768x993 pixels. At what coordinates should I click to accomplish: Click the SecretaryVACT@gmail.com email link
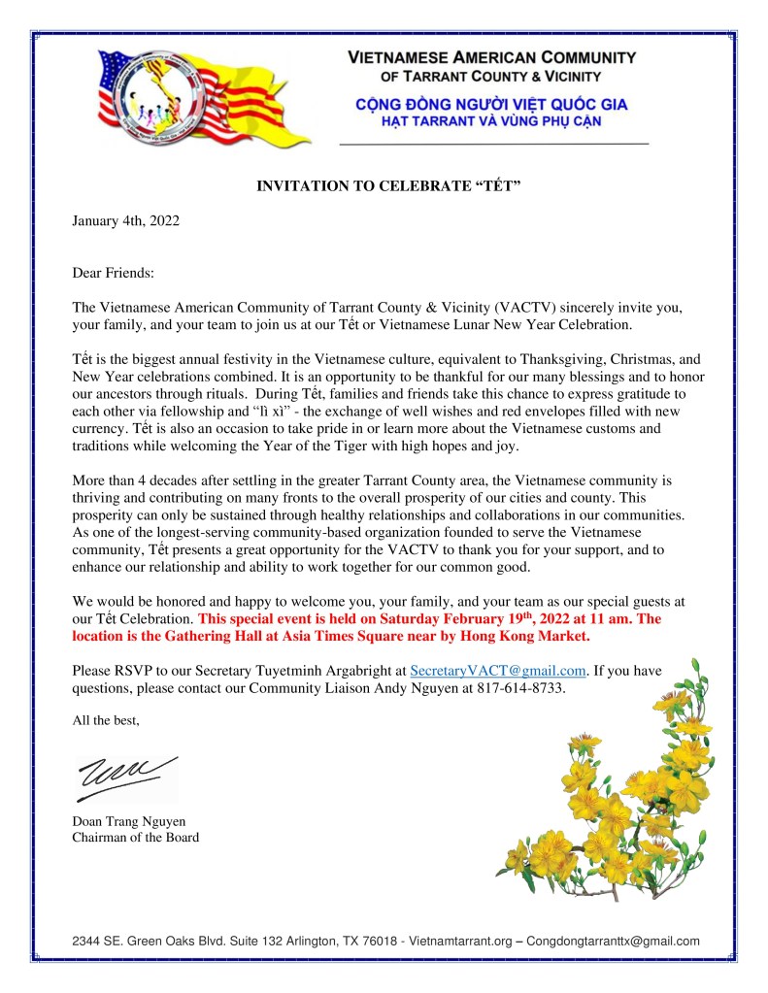click(x=499, y=670)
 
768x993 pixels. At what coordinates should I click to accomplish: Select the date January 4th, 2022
click(x=126, y=220)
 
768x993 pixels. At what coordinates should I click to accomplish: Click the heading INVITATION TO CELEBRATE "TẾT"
click(x=389, y=183)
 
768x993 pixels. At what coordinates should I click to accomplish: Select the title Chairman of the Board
click(x=136, y=838)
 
